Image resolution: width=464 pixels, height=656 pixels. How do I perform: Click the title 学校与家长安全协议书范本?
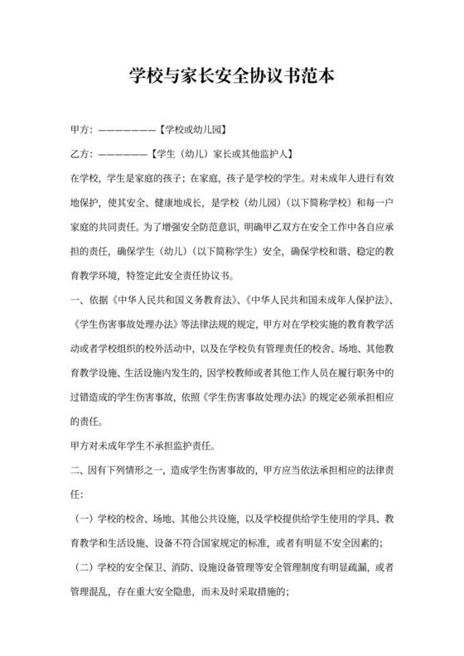(231, 77)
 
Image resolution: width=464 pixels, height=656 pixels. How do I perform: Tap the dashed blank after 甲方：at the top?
(126, 132)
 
